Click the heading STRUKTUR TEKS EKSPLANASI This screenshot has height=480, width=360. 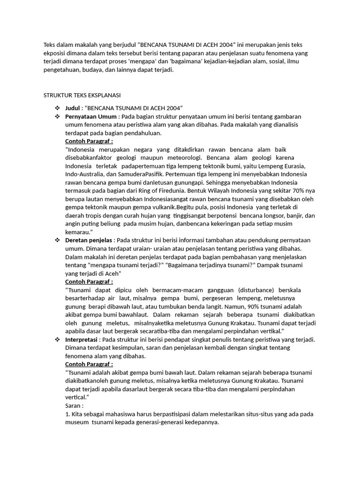point(82,95)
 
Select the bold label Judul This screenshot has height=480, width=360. point(73,108)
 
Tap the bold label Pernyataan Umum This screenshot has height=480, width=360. point(91,116)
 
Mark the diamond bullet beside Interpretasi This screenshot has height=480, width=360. point(57,339)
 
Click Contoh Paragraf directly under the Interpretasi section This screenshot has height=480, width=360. point(89,364)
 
